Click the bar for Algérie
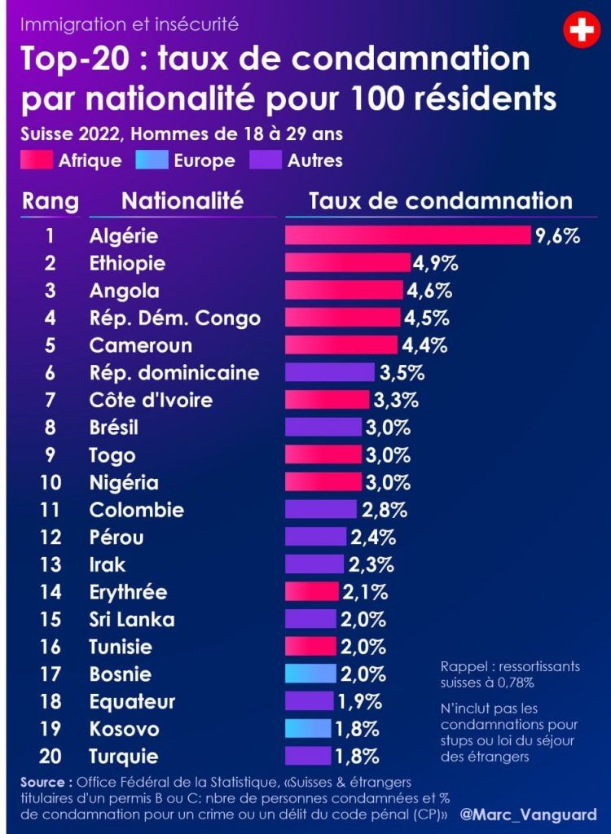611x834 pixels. click(x=407, y=235)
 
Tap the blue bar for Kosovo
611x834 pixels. click(x=309, y=728)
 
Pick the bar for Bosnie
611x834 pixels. click(x=310, y=674)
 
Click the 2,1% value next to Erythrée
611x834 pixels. click(x=363, y=591)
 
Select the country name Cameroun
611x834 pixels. click(x=140, y=345)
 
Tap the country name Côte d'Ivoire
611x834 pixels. click(x=151, y=400)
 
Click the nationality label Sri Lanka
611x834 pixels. click(x=131, y=619)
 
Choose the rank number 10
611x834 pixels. click(x=50, y=482)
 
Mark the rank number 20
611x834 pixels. click(x=50, y=756)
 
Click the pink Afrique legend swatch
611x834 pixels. click(x=37, y=160)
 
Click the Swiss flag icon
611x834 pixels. click(x=580, y=31)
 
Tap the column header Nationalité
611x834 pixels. click(x=182, y=200)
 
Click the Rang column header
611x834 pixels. click(x=50, y=200)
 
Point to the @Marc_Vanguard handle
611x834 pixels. click(x=528, y=814)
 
